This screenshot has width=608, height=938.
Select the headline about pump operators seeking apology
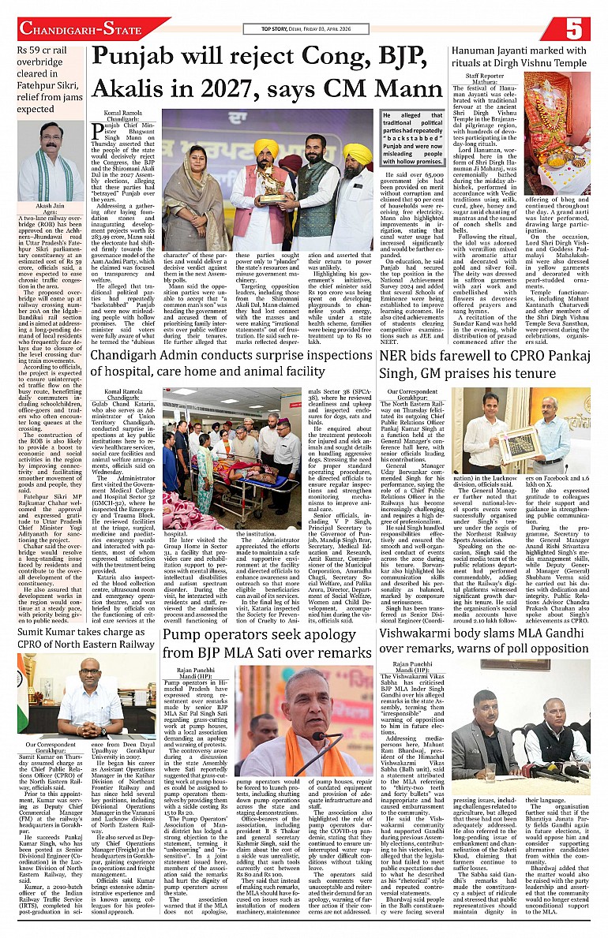tap(268, 643)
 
